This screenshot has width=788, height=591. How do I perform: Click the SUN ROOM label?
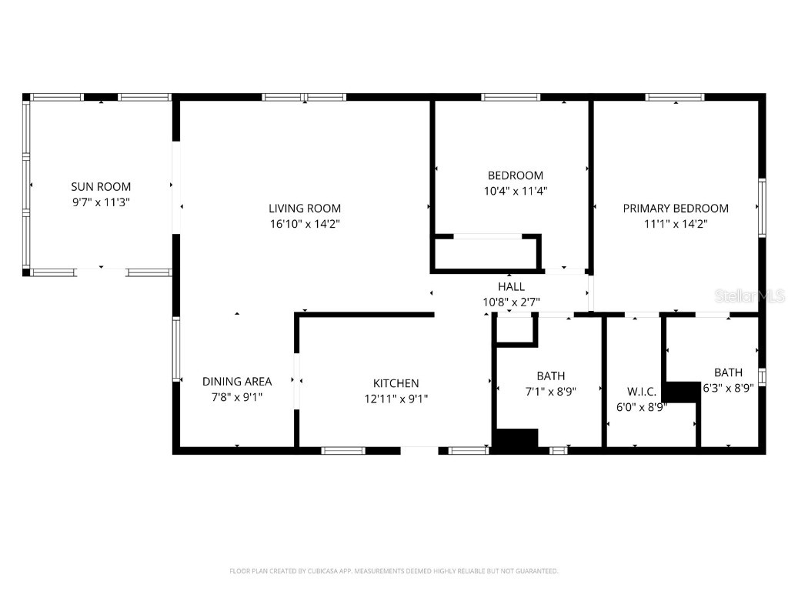(101, 186)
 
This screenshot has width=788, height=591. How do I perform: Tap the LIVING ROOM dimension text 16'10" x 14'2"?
(305, 224)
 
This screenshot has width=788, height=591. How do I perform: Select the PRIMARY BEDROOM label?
(676, 208)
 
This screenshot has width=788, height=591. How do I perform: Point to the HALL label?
(511, 286)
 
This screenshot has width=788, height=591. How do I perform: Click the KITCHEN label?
(396, 382)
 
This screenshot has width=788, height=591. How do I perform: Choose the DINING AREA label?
(237, 381)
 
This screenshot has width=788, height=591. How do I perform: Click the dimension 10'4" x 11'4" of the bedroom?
(516, 190)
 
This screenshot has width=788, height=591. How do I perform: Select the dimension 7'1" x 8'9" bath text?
(550, 391)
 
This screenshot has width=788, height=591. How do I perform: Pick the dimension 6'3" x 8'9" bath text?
(728, 389)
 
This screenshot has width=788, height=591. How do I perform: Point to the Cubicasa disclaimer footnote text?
(393, 571)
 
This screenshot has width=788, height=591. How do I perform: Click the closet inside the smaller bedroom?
(485, 253)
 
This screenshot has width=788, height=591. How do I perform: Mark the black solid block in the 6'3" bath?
(680, 391)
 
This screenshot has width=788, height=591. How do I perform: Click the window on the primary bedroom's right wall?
(763, 206)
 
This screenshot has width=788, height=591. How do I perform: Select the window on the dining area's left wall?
(176, 349)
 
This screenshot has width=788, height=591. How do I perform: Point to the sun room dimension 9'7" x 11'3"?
(101, 202)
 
